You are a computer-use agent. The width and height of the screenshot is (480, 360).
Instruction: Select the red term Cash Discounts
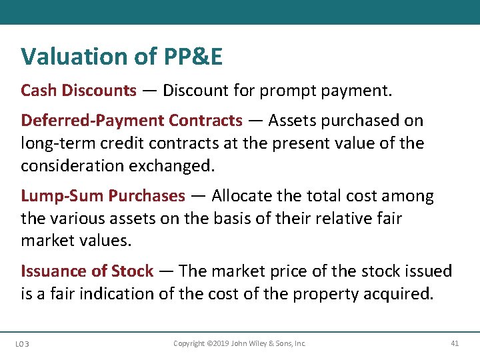tap(79, 90)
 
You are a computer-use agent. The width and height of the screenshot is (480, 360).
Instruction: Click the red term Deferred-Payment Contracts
tap(132, 121)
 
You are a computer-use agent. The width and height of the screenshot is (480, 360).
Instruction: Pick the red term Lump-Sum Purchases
tap(103, 196)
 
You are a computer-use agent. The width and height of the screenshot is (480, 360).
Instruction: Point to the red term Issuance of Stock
tap(87, 271)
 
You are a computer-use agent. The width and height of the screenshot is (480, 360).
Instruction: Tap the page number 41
tap(455, 343)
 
